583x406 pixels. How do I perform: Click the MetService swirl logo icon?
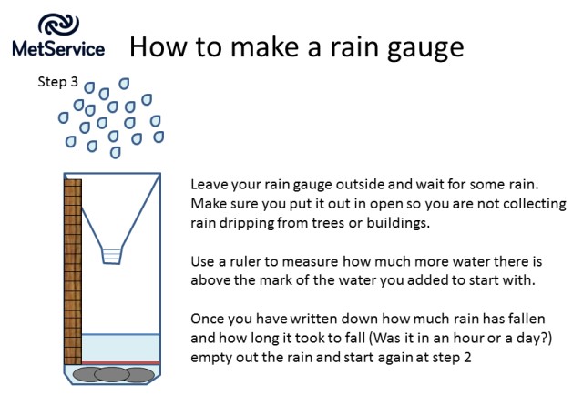tap(58, 25)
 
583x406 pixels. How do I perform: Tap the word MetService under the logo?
tap(58, 49)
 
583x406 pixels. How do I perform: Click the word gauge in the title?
tap(425, 48)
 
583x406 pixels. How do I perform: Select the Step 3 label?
tap(58, 82)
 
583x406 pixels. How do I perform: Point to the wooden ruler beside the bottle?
tap(73, 271)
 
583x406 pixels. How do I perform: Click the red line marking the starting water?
tap(121, 362)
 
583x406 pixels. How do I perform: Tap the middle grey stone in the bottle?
tap(112, 374)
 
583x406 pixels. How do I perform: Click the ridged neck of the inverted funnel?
tap(111, 256)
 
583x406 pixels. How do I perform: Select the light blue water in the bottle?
tap(121, 348)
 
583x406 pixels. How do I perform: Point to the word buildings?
tap(398, 223)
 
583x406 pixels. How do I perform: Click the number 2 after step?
tap(467, 358)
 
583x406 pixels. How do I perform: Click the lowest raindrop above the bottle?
tap(116, 152)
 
